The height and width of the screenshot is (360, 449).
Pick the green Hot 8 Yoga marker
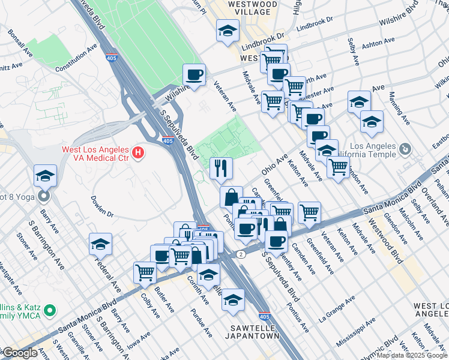coord(44,196)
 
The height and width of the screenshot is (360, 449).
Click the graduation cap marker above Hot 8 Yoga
coord(46,176)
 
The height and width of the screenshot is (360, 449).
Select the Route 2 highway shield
coord(241,254)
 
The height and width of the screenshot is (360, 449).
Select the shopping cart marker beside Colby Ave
coord(145,273)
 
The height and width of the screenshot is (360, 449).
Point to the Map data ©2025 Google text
coord(412,355)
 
